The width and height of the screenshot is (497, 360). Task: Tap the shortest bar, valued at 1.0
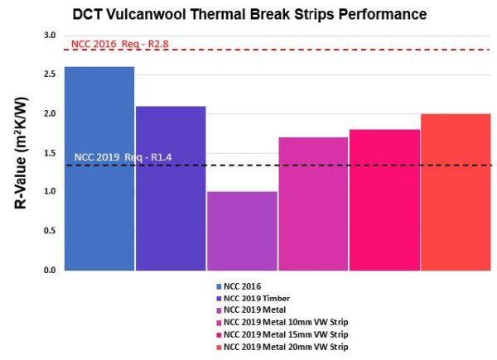click(242, 231)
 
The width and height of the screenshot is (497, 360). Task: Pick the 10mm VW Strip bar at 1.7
click(313, 204)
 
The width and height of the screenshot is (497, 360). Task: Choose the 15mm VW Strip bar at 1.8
click(384, 199)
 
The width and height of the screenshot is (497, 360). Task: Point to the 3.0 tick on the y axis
click(49, 36)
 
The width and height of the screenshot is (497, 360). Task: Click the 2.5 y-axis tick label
click(49, 74)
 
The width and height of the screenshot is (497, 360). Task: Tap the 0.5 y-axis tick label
click(49, 231)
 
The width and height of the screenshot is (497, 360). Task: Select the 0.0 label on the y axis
click(49, 271)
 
